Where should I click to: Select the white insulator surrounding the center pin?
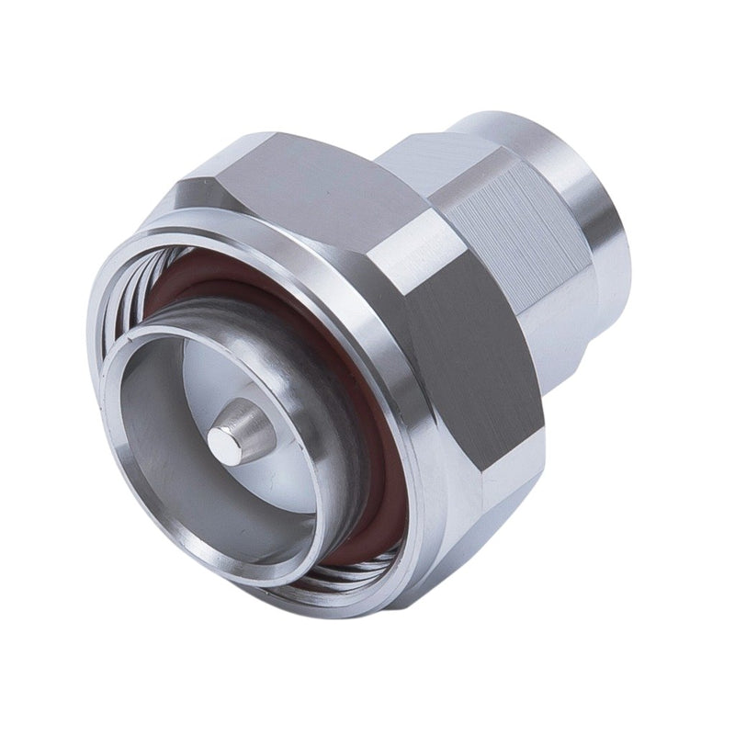276,478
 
